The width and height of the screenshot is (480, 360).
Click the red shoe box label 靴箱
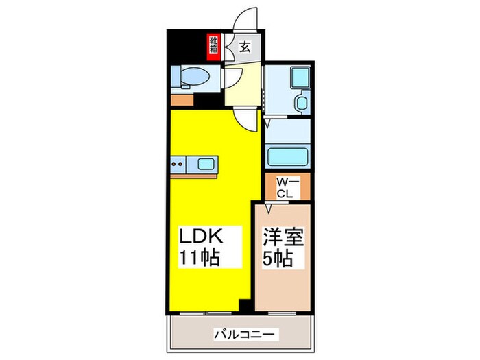(213, 46)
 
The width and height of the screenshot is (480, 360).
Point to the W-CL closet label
(286, 187)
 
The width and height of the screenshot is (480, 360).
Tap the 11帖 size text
(200, 259)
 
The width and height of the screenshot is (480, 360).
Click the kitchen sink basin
(206, 163)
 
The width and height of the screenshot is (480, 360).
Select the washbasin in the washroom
(302, 104)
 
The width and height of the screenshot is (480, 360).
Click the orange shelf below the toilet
(182, 99)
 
